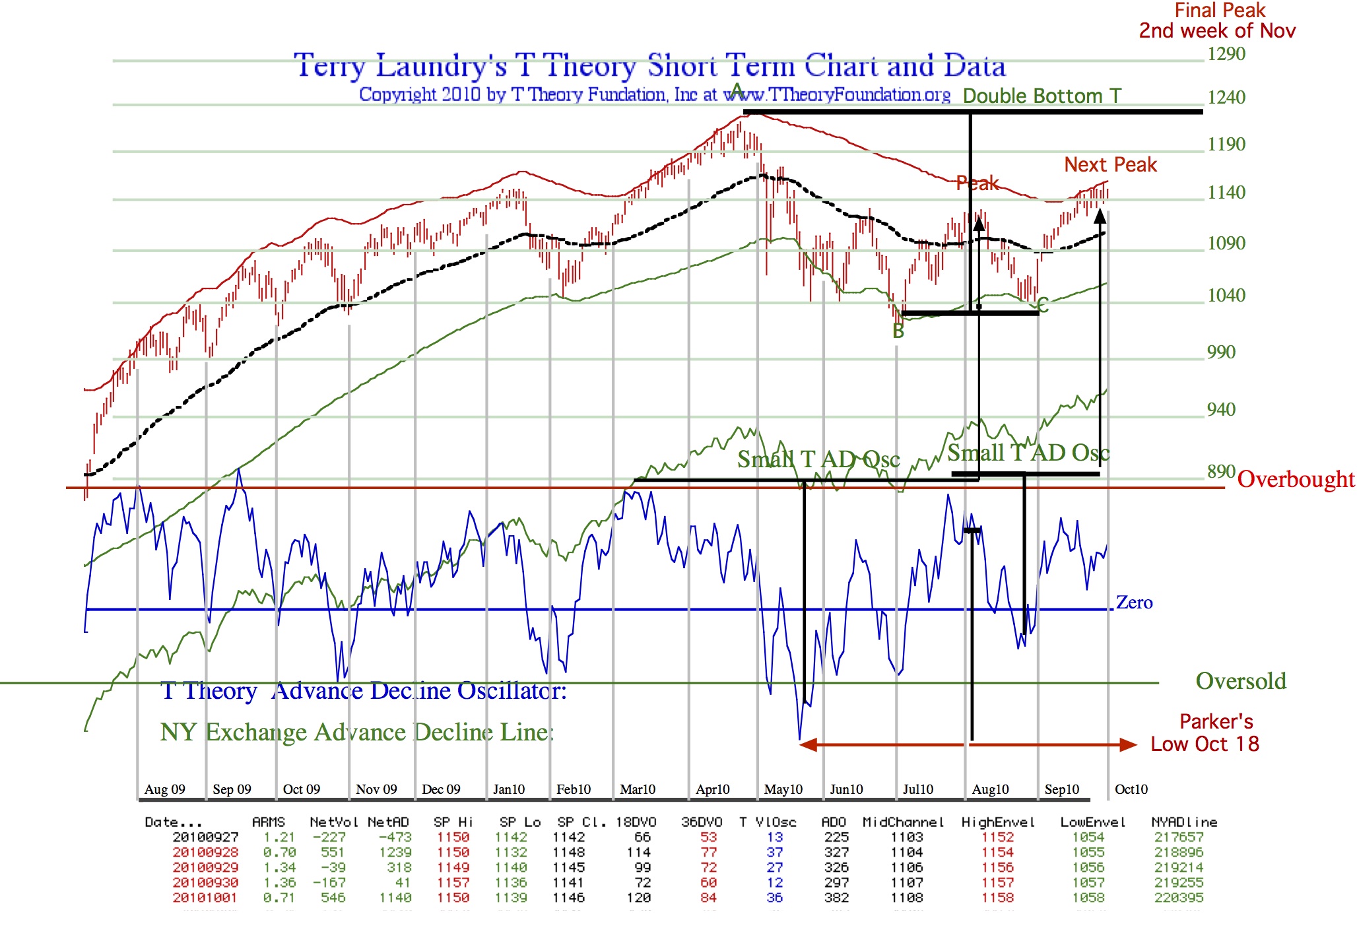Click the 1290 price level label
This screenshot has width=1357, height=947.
point(1226,54)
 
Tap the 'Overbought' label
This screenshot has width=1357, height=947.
point(1295,479)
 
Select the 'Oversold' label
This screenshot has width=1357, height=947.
point(1241,681)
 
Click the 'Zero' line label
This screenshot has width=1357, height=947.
point(1134,603)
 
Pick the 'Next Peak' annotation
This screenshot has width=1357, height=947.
point(1110,164)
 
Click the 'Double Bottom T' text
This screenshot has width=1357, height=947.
point(1042,96)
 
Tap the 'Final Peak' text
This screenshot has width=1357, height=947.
point(1220,11)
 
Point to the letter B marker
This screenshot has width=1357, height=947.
point(898,331)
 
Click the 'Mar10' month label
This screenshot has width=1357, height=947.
point(637,789)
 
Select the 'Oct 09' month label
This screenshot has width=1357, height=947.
point(301,789)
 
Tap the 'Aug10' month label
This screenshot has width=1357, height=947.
point(990,789)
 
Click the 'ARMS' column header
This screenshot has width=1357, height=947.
point(268,822)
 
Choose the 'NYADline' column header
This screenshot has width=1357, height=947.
point(1184,822)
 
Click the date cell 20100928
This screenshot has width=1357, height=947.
point(205,853)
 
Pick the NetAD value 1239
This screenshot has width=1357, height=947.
point(395,853)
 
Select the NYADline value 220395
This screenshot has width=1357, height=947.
point(1179,898)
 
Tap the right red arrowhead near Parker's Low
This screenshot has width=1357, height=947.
point(1128,745)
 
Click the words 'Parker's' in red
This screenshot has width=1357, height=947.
point(1216,721)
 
